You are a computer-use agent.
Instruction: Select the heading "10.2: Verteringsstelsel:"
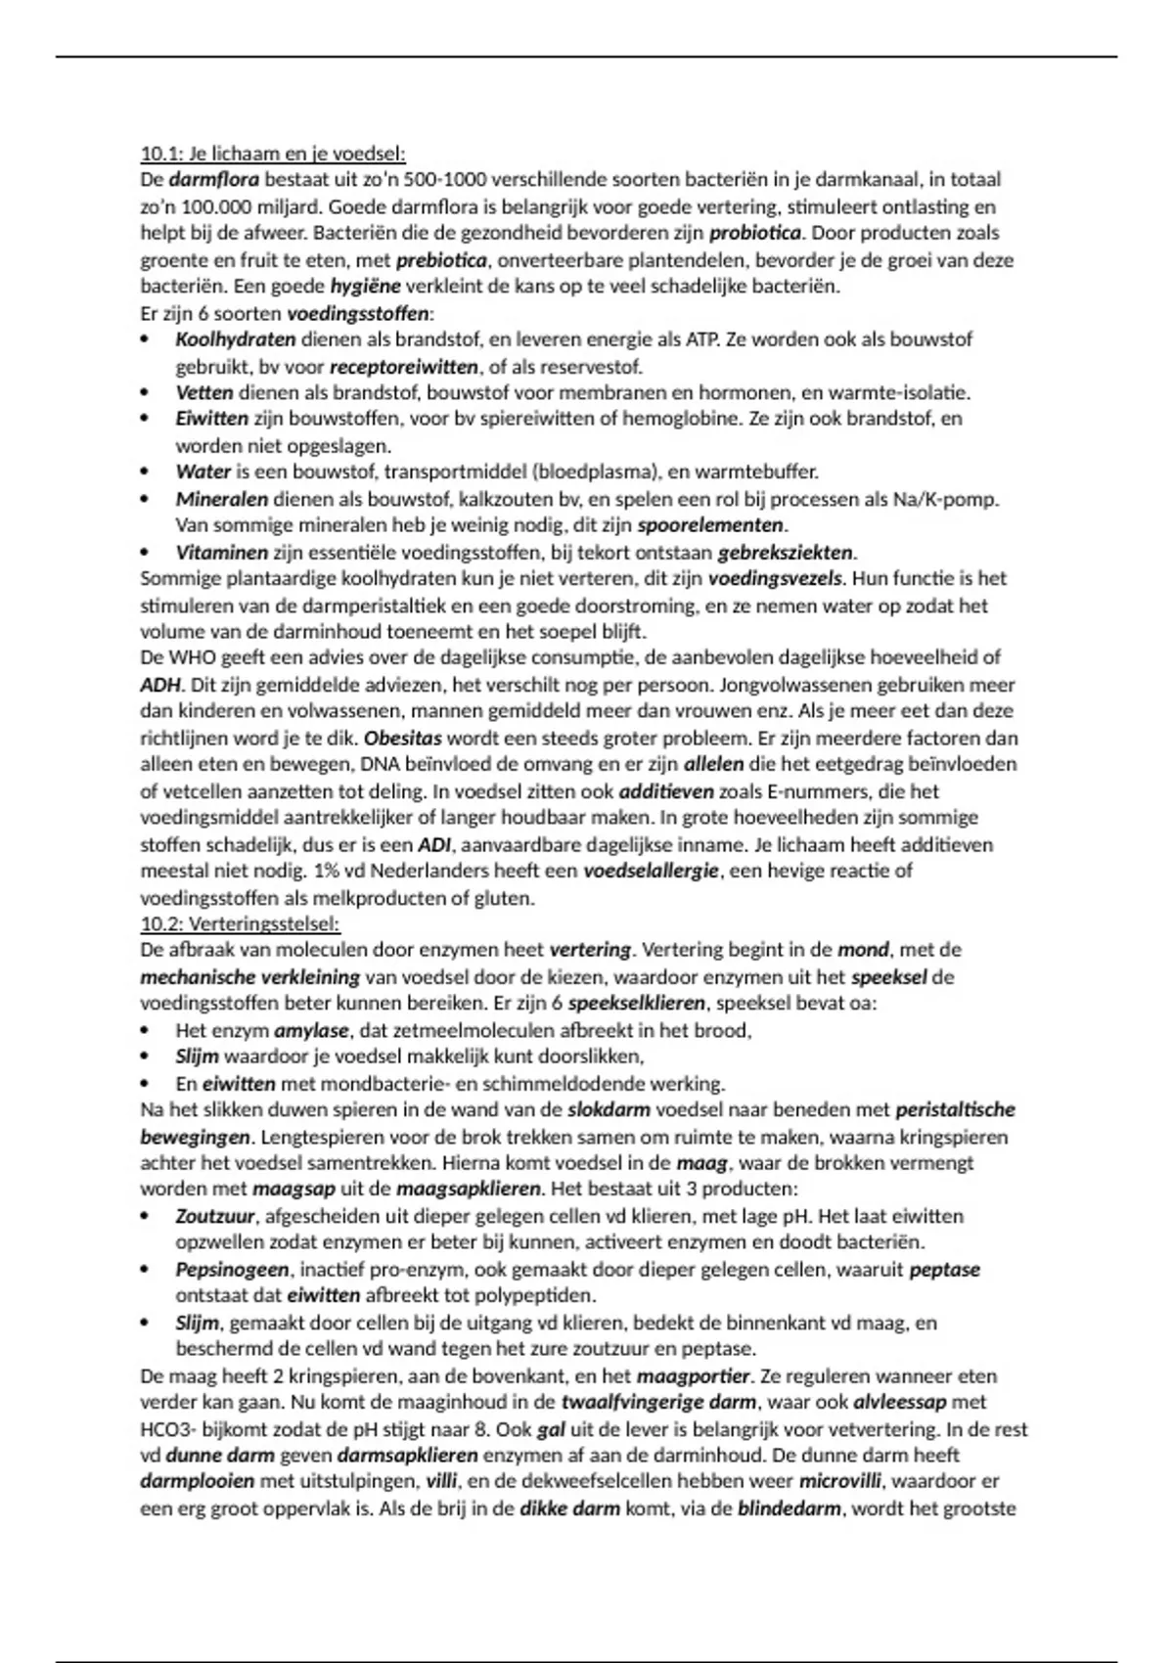tap(240, 923)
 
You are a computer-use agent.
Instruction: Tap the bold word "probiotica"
tap(754, 234)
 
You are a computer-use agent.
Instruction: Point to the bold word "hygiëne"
tap(365, 287)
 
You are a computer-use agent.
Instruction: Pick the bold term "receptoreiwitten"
tap(403, 367)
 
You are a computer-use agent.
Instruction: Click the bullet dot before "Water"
tap(147, 472)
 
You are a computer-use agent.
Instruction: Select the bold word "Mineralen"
tap(221, 499)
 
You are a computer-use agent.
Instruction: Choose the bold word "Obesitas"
tap(403, 738)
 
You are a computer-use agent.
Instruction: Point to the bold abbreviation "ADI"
tap(434, 844)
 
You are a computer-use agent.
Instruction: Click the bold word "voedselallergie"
tap(651, 871)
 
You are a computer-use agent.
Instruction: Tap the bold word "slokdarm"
tap(609, 1110)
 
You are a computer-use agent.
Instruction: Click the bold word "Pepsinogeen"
tap(232, 1270)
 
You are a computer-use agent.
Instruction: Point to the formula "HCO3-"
tap(167, 1429)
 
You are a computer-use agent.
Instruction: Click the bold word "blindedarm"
tap(789, 1508)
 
